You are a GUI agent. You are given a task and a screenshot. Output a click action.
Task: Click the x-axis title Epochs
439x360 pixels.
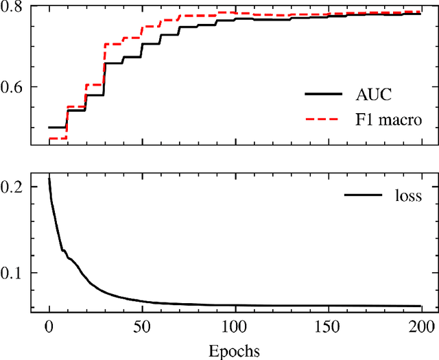235,352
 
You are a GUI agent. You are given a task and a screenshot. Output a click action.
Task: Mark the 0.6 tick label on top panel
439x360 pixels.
12,88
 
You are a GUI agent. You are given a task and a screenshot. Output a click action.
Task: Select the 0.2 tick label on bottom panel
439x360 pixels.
12,187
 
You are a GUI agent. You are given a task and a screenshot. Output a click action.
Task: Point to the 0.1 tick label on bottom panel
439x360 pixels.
12,273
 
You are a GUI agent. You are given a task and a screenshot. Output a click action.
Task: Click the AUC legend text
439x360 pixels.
379,93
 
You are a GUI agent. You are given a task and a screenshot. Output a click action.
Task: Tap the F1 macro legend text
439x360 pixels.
392,120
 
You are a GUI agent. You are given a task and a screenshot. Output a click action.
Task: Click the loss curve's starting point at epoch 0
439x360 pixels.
49,177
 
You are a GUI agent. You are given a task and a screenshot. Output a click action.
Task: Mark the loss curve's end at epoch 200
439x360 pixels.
420,306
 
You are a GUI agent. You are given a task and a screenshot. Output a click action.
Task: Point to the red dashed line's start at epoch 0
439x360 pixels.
49,139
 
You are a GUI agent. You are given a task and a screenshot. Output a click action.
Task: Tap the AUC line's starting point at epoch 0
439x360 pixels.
49,128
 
